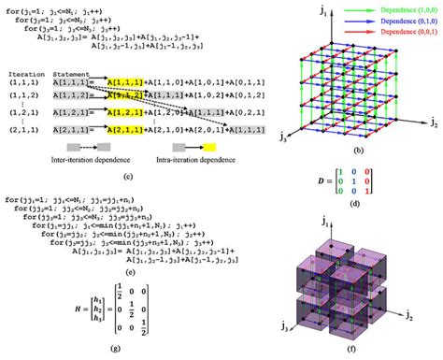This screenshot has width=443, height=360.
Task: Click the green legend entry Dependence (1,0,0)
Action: pyautogui.click(x=401, y=8)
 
